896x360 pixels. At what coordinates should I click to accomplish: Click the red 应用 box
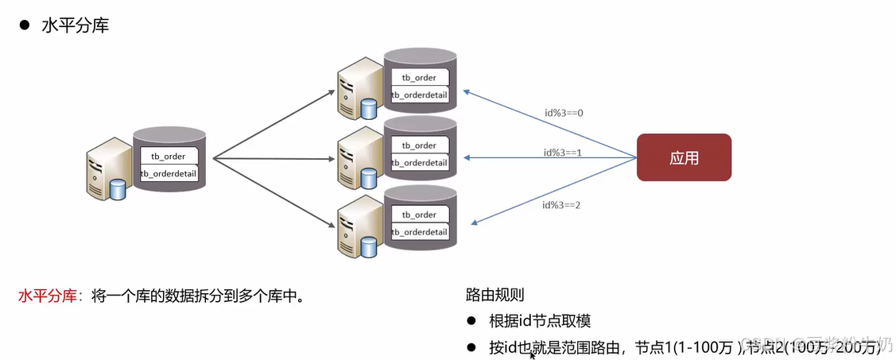pyautogui.click(x=684, y=157)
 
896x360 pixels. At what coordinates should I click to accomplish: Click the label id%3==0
pyautogui.click(x=564, y=112)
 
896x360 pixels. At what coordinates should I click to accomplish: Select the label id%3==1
pyautogui.click(x=564, y=152)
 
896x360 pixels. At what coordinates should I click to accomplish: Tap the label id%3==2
pyautogui.click(x=561, y=204)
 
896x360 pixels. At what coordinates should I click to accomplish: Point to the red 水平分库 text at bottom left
pyautogui.click(x=47, y=296)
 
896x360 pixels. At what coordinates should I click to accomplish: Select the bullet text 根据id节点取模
pyautogui.click(x=540, y=321)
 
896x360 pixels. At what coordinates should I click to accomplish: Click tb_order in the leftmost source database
pyautogui.click(x=168, y=157)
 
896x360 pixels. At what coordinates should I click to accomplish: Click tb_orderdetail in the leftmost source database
pyautogui.click(x=168, y=173)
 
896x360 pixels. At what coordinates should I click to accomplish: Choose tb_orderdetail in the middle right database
pyautogui.click(x=419, y=163)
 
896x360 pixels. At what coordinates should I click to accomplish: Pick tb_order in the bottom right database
pyautogui.click(x=419, y=215)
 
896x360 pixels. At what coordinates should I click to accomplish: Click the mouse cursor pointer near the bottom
pyautogui.click(x=533, y=354)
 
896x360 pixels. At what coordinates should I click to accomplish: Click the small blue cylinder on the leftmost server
pyautogui.click(x=118, y=191)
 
